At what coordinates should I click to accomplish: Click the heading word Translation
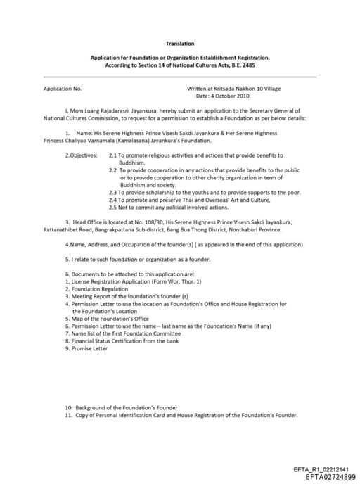[180, 44]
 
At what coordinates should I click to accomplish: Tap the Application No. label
[63, 89]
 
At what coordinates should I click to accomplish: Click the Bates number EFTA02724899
[330, 478]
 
